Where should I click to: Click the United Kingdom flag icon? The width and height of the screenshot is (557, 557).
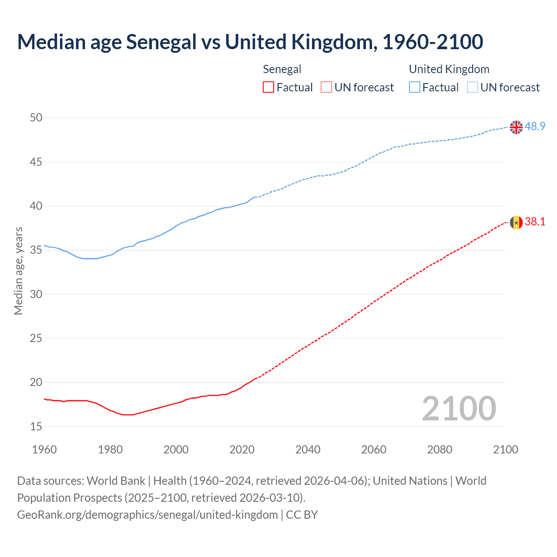516,127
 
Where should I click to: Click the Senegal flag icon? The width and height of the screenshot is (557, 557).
516,222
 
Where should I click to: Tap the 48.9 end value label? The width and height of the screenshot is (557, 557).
535,127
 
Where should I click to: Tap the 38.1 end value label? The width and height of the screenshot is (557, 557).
535,222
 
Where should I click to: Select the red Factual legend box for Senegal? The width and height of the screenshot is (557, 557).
268,87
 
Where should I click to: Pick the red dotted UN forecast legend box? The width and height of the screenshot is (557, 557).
326,87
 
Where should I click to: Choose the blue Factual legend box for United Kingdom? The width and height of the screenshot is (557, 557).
414,87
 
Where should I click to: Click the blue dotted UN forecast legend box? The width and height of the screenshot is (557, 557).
472,87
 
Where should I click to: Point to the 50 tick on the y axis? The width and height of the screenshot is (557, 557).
36,118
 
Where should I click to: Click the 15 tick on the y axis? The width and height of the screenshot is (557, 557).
36,427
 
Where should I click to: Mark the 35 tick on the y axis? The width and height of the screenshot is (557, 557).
36,250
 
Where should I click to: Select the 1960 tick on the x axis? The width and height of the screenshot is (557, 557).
44,450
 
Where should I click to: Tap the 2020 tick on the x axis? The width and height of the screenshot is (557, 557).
242,450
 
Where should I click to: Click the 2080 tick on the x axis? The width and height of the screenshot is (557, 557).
440,450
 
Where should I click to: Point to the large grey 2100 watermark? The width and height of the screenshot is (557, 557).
459,409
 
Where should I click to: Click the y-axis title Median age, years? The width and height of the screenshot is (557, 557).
18,271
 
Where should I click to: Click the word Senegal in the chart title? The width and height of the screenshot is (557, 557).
161,42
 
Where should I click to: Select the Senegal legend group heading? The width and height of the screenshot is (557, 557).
282,69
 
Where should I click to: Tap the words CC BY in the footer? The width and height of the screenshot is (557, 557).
302,515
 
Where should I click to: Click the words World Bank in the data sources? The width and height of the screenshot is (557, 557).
116,481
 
